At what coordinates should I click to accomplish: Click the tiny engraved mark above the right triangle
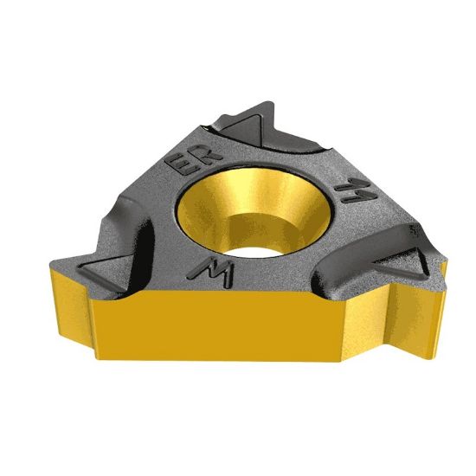[415, 232]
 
